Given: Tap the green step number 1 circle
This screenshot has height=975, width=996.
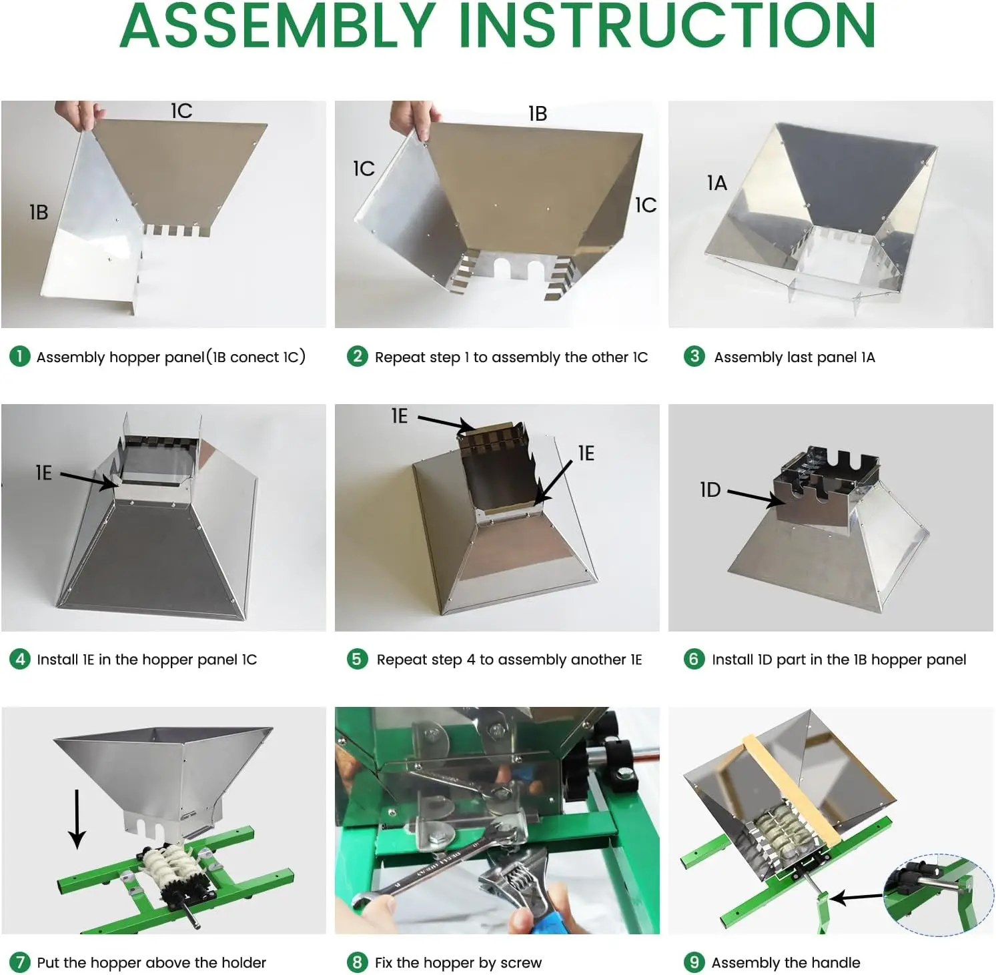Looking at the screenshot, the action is [x=19, y=356].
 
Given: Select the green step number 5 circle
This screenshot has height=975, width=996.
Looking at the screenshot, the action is [x=357, y=659].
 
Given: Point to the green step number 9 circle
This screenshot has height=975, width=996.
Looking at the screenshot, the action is [x=694, y=962].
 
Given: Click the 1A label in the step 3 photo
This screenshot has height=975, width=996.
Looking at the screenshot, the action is [x=716, y=183].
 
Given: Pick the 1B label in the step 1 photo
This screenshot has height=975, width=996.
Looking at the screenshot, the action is [x=39, y=212].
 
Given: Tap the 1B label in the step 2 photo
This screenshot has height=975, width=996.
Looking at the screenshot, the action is [x=537, y=113].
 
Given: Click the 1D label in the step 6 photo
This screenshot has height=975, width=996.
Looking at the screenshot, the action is [x=710, y=490].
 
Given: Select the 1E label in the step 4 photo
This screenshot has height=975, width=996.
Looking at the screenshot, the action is [x=43, y=473].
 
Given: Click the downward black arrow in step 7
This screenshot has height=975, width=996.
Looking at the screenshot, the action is [x=77, y=819].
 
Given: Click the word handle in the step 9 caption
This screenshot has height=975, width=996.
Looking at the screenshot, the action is [x=834, y=962].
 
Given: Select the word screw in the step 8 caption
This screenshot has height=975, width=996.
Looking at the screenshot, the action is [x=520, y=963].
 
